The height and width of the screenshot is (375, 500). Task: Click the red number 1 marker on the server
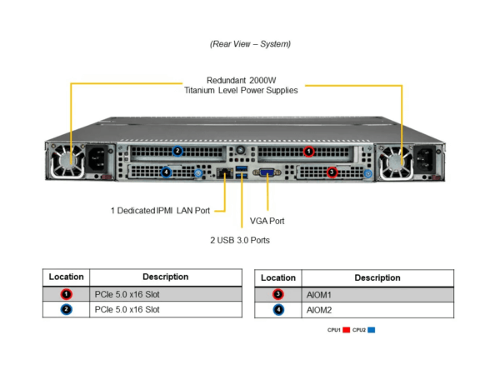[308, 152]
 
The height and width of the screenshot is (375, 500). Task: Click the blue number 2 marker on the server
[177, 151]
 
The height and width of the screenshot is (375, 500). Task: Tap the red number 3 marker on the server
[332, 172]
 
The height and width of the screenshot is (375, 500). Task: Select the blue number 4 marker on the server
[166, 172]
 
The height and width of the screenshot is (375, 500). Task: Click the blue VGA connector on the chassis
[267, 172]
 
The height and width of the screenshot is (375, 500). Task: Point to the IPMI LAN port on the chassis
[224, 173]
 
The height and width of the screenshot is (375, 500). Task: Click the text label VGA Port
[267, 221]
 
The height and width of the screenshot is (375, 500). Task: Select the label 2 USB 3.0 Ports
[240, 240]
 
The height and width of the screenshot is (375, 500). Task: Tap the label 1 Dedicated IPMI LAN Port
[160, 211]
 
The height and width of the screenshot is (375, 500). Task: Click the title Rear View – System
[250, 43]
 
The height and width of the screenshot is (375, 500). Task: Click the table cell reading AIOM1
[319, 295]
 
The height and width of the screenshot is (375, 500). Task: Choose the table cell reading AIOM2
[319, 310]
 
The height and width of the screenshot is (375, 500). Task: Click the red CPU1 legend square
[347, 330]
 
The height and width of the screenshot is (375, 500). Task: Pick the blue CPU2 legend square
[371, 330]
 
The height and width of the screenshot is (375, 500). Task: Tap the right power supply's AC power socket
[425, 159]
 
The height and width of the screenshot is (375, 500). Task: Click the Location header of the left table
[67, 277]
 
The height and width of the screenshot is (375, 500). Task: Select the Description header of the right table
[377, 277]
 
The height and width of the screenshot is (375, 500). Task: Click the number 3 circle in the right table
[278, 294]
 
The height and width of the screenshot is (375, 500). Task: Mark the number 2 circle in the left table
[67, 309]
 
